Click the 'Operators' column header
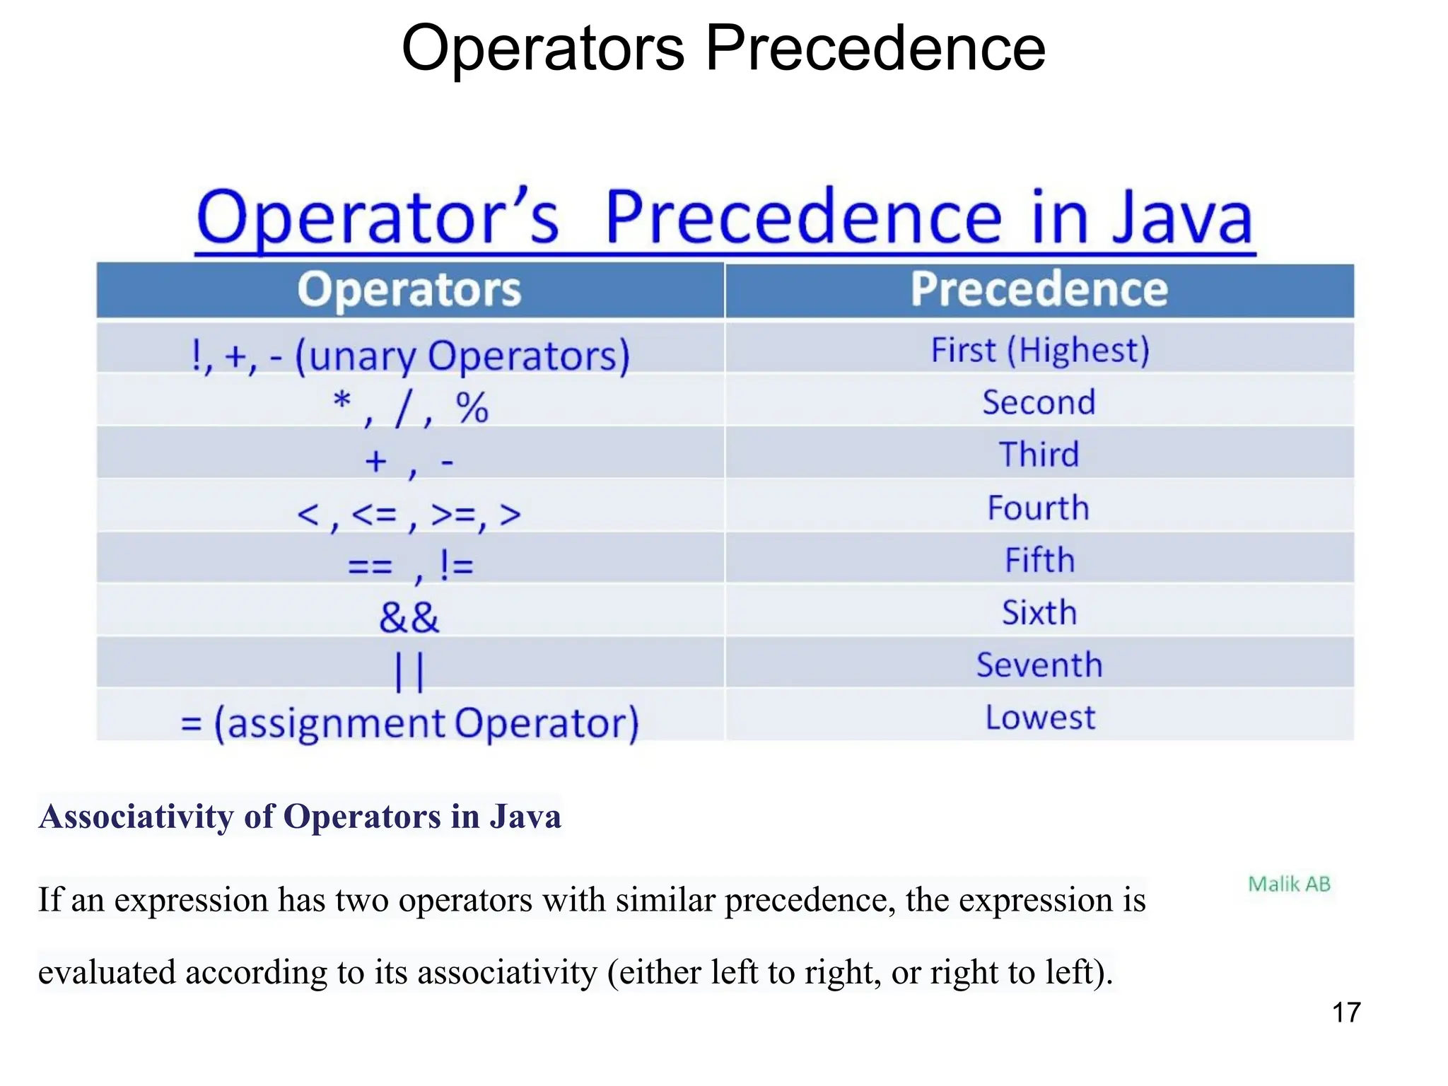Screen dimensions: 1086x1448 (x=409, y=290)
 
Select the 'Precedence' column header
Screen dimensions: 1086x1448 (x=1039, y=290)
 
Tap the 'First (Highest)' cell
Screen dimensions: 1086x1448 (x=1039, y=350)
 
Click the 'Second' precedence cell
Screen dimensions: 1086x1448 (x=1039, y=402)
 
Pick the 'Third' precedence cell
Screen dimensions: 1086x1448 (x=1039, y=455)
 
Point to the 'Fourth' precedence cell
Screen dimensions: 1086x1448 (x=1038, y=508)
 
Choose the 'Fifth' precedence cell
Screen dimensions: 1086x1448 (x=1039, y=560)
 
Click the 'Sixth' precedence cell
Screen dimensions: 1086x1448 (x=1039, y=612)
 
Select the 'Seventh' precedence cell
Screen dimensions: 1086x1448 (x=1039, y=665)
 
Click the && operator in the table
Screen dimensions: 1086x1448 (x=409, y=617)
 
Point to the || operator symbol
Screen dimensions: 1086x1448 (x=409, y=672)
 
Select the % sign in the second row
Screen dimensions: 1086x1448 (x=472, y=408)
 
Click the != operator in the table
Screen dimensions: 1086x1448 (x=456, y=565)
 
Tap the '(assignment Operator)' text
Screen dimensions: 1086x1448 (x=426, y=723)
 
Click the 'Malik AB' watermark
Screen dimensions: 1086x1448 (x=1289, y=884)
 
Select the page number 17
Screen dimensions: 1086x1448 (x=1346, y=1012)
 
